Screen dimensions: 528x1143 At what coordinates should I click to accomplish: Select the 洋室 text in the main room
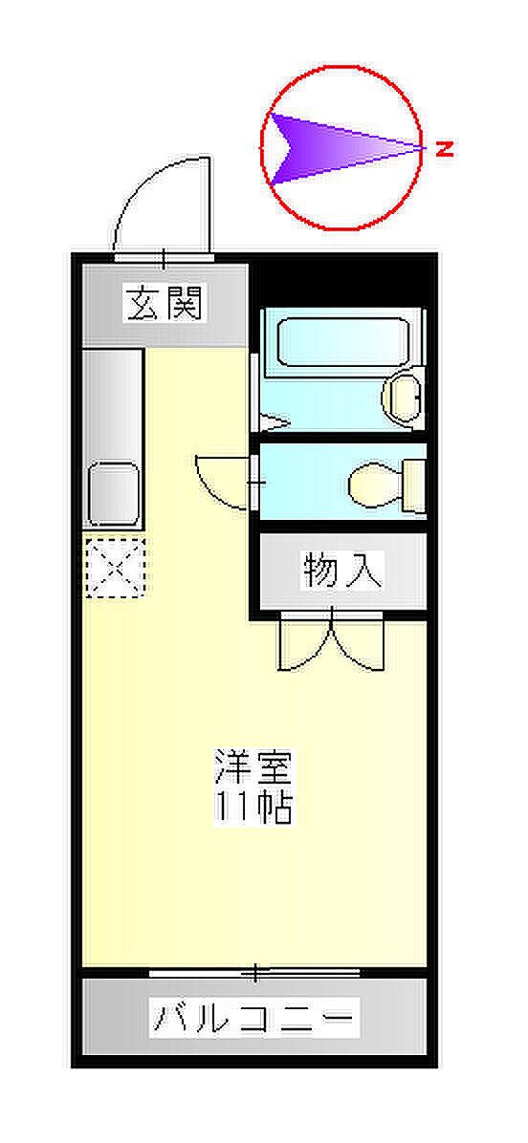[x=253, y=766]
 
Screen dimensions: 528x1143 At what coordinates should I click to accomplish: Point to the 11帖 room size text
[x=253, y=806]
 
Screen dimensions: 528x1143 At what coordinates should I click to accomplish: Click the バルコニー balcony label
[x=253, y=1018]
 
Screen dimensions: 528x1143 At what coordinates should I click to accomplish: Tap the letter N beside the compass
[x=444, y=149]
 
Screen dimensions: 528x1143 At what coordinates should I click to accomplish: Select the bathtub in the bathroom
[x=343, y=342]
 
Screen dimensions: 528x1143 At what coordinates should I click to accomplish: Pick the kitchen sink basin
[x=113, y=492]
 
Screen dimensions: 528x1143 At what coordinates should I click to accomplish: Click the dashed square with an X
[x=115, y=567]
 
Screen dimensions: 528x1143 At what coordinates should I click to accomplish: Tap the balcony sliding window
[x=253, y=973]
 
